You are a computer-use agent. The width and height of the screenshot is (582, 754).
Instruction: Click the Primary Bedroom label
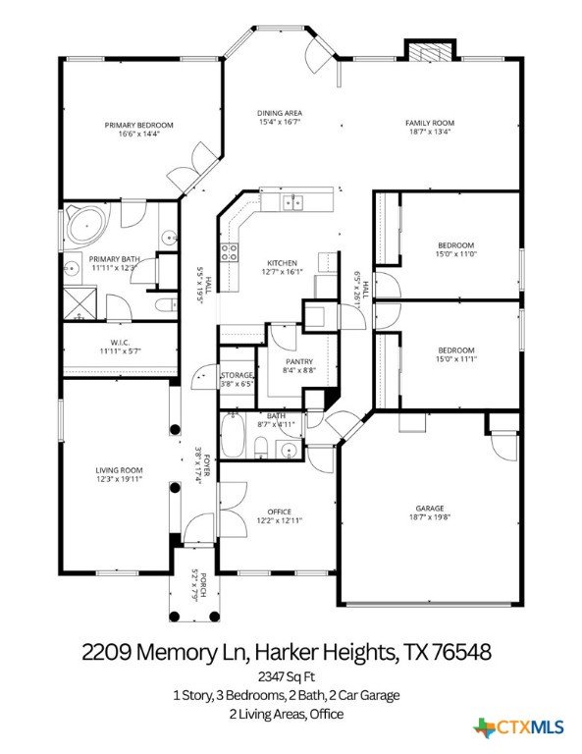tap(139, 125)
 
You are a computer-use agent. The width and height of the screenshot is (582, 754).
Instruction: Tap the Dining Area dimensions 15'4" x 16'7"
tap(280, 122)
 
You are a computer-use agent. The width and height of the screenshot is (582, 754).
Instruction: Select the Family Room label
tap(430, 123)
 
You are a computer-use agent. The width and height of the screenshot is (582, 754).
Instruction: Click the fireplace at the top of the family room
tap(430, 52)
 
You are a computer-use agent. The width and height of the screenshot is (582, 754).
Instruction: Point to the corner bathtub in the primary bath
tap(86, 225)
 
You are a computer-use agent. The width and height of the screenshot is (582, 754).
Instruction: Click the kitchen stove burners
tap(230, 252)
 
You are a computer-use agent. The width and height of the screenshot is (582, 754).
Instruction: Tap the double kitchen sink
tap(293, 202)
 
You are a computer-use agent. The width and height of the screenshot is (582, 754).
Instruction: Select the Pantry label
tap(299, 361)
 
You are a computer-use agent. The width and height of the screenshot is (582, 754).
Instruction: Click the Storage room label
tap(237, 375)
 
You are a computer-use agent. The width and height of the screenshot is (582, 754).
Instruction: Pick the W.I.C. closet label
tap(120, 343)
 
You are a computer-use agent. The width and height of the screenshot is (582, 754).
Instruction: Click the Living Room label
tap(119, 470)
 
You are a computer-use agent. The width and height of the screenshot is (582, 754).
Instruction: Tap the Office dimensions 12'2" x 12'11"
tap(280, 520)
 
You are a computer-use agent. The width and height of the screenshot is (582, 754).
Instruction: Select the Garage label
tap(430, 509)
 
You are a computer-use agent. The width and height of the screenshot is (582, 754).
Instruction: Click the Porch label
tap(203, 584)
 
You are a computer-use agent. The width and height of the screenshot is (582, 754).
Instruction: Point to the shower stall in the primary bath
tap(80, 303)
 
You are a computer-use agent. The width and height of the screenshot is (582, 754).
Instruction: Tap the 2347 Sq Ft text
tap(287, 676)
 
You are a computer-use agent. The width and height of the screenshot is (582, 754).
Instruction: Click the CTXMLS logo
tap(518, 727)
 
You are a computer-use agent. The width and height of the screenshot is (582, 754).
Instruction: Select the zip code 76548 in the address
tap(461, 652)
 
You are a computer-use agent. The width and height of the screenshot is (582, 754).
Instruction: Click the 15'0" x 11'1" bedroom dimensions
tap(455, 358)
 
